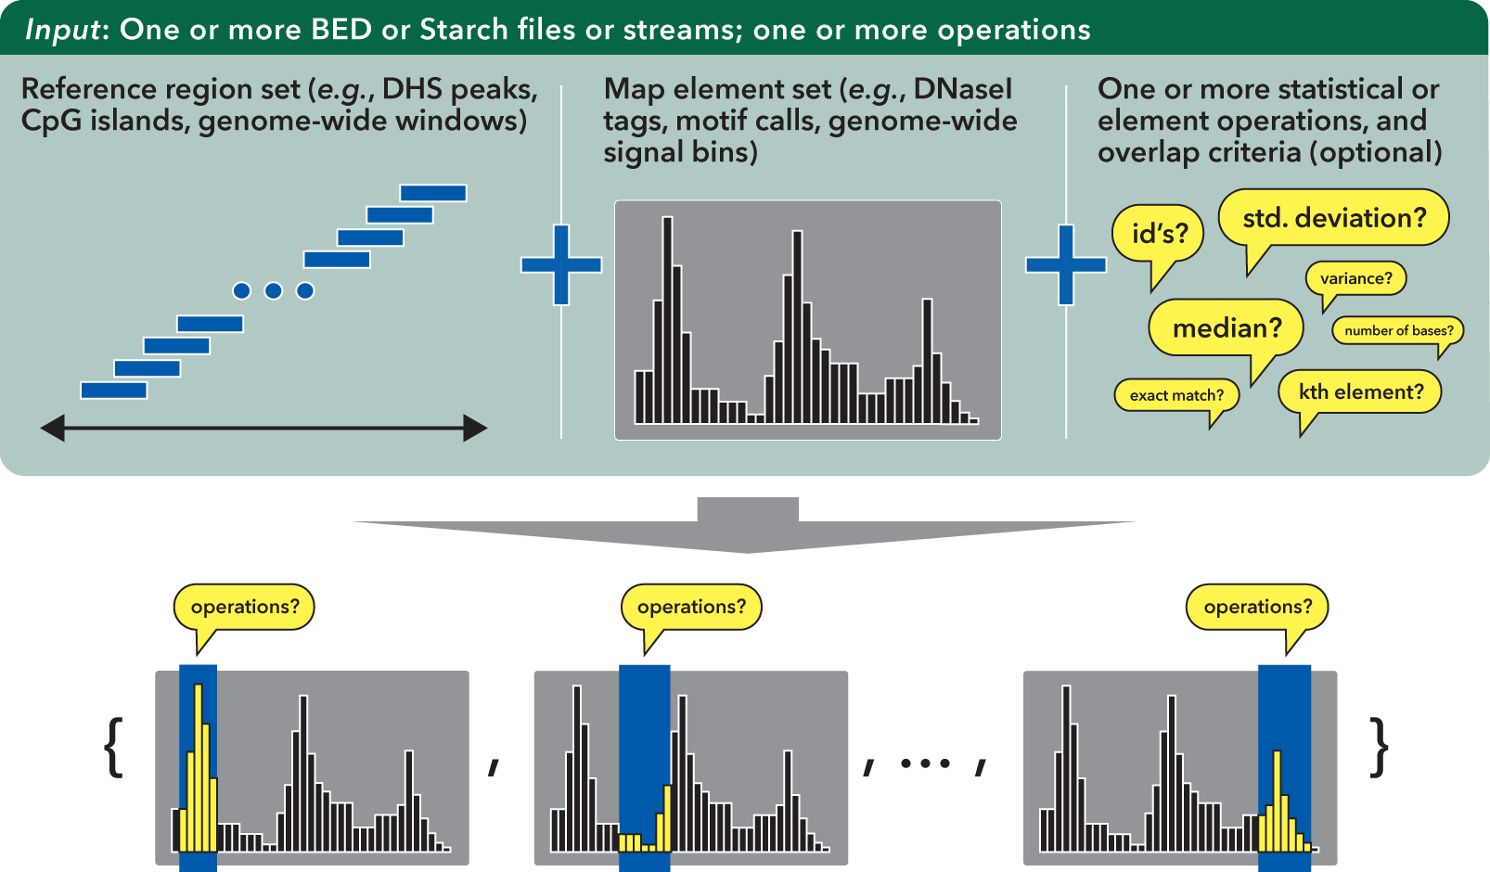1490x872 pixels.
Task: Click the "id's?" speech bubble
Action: tap(1158, 233)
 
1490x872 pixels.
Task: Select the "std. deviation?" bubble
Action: tap(1333, 218)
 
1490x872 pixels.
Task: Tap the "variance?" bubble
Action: tap(1355, 278)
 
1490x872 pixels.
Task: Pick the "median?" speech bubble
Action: tap(1226, 327)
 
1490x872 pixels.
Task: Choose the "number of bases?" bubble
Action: tap(1398, 330)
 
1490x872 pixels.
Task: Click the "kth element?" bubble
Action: tap(1360, 391)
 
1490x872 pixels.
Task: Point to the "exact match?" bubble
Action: tap(1176, 395)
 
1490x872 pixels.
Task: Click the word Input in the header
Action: tap(62, 30)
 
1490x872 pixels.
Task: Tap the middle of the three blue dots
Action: tap(273, 291)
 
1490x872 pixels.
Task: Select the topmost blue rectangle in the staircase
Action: tap(433, 193)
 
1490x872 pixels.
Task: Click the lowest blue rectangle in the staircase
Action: tap(114, 391)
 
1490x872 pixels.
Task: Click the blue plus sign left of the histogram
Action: tap(561, 264)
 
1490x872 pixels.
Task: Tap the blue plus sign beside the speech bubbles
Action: tap(1066, 264)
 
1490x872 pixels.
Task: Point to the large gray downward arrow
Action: tap(747, 529)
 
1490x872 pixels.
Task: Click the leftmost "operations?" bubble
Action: tap(244, 607)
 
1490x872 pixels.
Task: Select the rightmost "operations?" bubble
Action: tap(1257, 607)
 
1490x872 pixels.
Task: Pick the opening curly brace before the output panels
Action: tap(116, 747)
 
